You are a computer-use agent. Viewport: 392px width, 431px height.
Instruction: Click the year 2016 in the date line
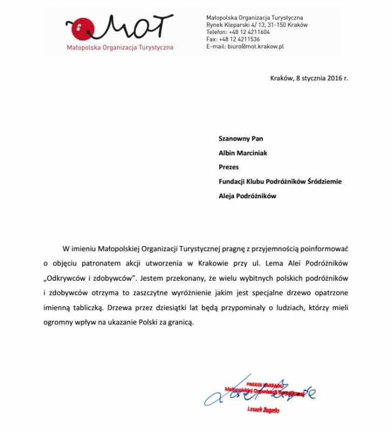pos(332,78)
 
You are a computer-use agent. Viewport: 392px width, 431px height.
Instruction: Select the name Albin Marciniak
pos(243,153)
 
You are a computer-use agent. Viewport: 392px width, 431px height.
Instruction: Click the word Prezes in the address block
pos(229,167)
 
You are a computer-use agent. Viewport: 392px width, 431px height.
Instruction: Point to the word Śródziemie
pos(324,182)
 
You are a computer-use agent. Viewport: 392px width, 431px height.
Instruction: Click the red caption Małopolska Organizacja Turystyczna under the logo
pos(120,47)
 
